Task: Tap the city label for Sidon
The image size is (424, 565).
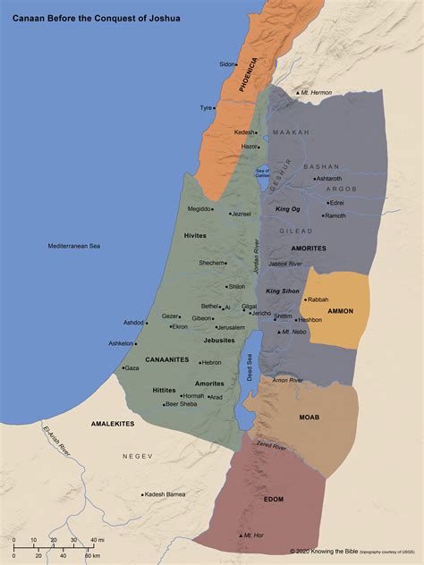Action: click(x=227, y=63)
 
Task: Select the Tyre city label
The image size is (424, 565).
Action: click(x=206, y=108)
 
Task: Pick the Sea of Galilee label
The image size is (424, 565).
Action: click(x=262, y=173)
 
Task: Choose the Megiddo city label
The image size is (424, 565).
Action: click(x=199, y=208)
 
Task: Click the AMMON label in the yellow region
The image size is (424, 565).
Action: click(x=341, y=311)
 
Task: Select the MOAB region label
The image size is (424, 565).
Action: click(x=309, y=417)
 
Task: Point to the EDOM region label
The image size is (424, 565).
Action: click(x=274, y=499)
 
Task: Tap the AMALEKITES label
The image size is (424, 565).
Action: click(x=113, y=422)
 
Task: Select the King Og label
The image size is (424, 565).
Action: click(x=288, y=208)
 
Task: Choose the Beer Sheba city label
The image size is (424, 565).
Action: click(x=181, y=404)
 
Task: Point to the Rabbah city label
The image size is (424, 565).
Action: click(x=318, y=299)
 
